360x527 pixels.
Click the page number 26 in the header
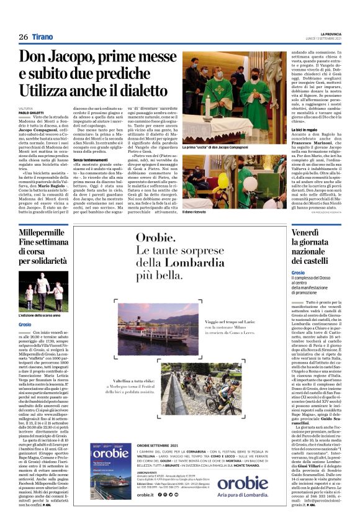(24, 37)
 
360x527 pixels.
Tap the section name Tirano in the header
(45, 37)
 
